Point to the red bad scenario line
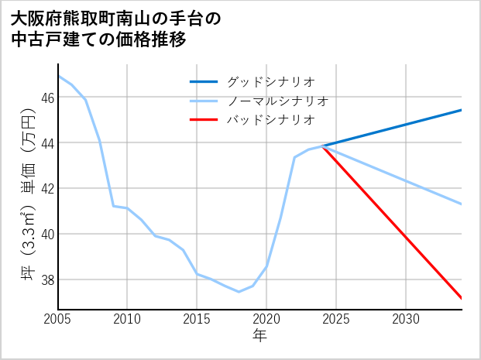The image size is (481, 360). point(395,225)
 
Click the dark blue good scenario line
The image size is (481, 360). point(395,127)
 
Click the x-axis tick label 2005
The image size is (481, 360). point(58,319)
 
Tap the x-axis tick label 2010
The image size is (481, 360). point(128,319)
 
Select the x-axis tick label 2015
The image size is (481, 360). point(197,319)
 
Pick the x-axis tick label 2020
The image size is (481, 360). point(266,319)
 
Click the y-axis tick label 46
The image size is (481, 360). point(48,98)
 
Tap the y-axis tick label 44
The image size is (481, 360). point(48,143)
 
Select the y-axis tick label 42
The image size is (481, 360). point(48,189)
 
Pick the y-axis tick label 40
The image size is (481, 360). point(48,234)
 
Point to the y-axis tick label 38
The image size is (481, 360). point(48,279)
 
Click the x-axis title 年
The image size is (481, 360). point(259,336)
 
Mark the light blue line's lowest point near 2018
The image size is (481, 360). point(239,292)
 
